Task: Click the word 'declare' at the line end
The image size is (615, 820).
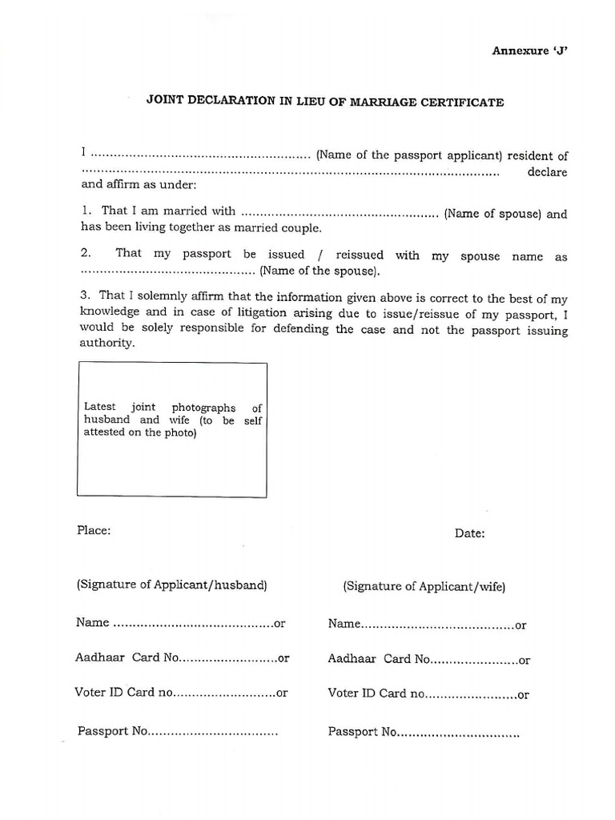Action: pos(548,172)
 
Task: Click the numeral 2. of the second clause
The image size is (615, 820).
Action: pos(86,253)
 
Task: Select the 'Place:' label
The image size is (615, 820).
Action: pos(94,530)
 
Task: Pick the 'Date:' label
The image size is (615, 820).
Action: pos(469,533)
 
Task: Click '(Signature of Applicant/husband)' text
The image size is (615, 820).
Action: pos(171,585)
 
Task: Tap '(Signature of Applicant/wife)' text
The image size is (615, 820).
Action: pos(424,586)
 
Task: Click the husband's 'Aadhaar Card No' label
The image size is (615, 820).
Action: pos(126,657)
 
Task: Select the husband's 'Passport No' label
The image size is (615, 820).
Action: pos(113,731)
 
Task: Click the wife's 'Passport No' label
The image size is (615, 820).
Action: pos(362,732)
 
